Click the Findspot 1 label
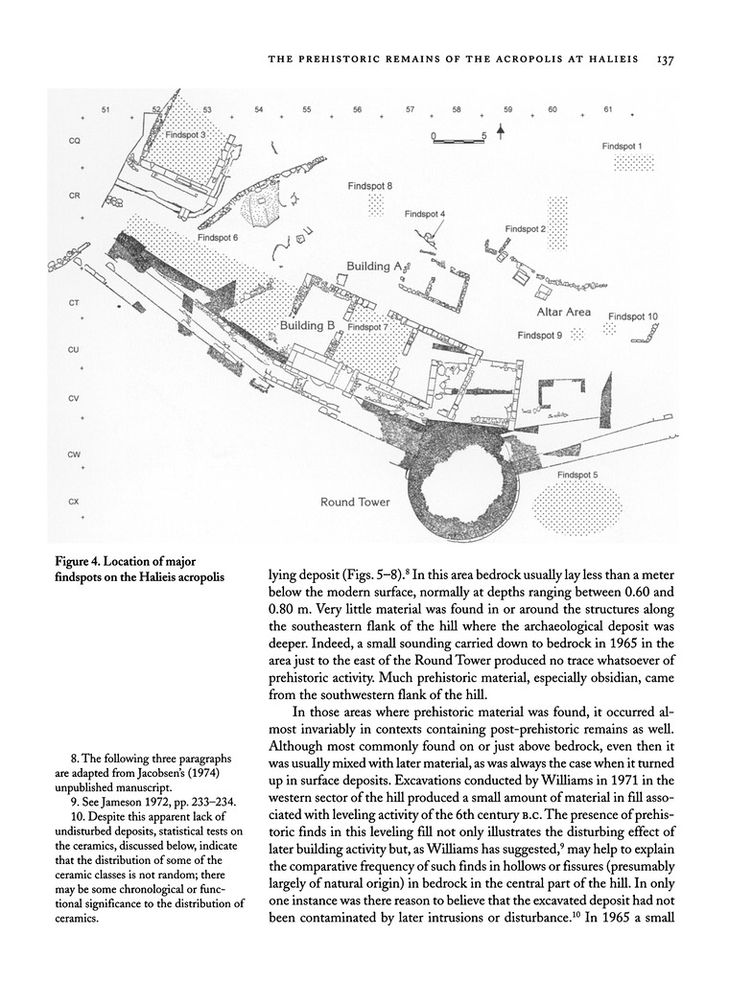(x=623, y=146)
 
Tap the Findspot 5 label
(x=576, y=475)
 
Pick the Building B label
(x=307, y=326)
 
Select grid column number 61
(x=608, y=110)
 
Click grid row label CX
(x=73, y=502)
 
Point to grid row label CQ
(x=73, y=141)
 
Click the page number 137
(x=667, y=59)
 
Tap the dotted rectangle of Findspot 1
(x=633, y=162)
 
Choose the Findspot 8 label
(x=370, y=185)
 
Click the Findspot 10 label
(x=632, y=316)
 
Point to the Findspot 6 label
(x=219, y=237)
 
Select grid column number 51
(x=105, y=110)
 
